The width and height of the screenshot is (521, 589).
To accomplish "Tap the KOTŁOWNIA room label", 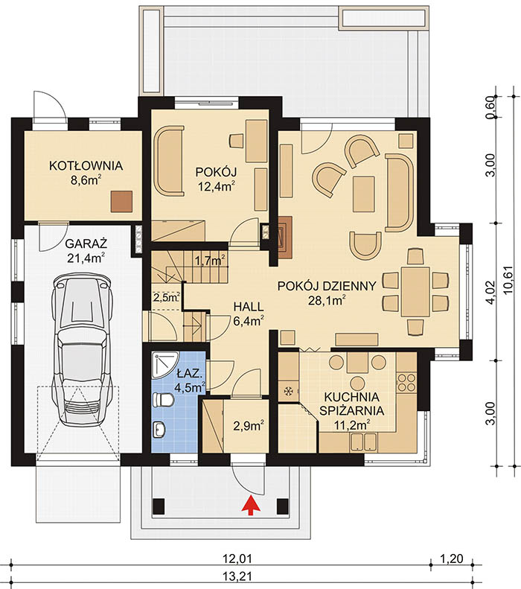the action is click(x=86, y=165).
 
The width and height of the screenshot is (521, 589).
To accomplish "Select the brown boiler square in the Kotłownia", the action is click(x=122, y=201).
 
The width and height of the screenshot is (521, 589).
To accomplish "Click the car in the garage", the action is click(x=83, y=349).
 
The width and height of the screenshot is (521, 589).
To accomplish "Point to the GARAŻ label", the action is click(x=86, y=243).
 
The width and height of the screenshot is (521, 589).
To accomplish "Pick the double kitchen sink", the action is click(x=363, y=442).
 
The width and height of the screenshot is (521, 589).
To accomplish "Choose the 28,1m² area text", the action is click(x=327, y=301).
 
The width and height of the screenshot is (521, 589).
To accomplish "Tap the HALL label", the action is click(x=249, y=307).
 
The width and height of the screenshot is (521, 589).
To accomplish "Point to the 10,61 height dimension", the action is click(x=509, y=285).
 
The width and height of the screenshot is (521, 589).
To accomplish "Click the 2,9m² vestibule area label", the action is click(x=249, y=426).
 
